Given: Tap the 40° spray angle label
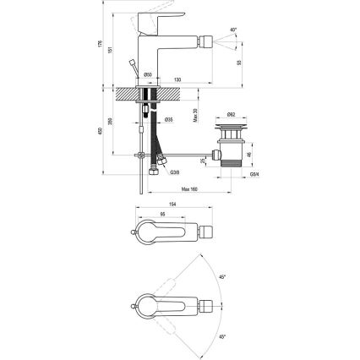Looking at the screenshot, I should pyautogui.click(x=233, y=30).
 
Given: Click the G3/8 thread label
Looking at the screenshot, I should pyautogui.click(x=174, y=172).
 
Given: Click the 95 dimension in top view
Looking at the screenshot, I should pyautogui.click(x=161, y=215).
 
